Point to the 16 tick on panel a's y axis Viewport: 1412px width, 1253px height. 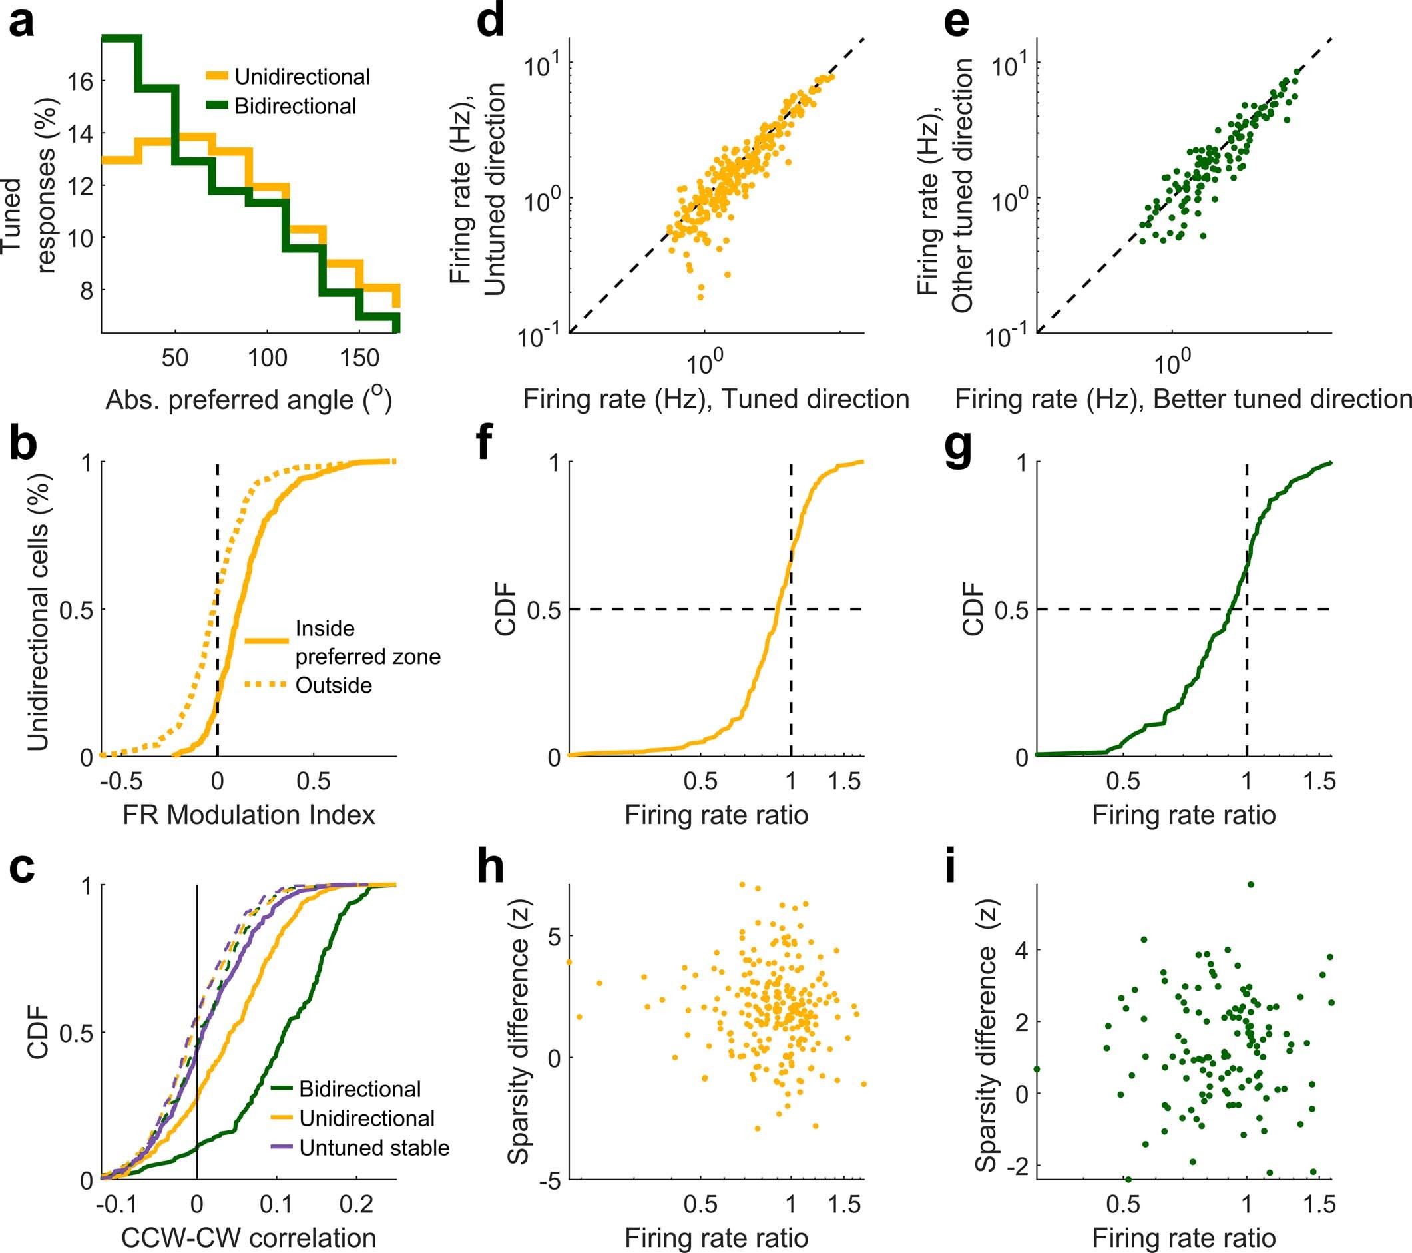[x=79, y=81]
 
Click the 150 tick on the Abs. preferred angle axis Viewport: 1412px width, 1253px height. [x=360, y=358]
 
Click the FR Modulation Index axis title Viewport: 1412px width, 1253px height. [x=249, y=815]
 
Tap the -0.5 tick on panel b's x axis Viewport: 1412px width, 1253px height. [x=121, y=781]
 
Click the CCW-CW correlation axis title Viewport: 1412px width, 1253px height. [x=249, y=1237]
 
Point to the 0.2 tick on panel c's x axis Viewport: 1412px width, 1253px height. [x=356, y=1204]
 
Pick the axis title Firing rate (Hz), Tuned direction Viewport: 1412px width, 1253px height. [x=716, y=400]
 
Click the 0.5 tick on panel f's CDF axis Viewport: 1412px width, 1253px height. [x=543, y=610]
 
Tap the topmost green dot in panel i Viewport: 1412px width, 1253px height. [x=1250, y=885]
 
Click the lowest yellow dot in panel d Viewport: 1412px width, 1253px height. [x=700, y=297]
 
